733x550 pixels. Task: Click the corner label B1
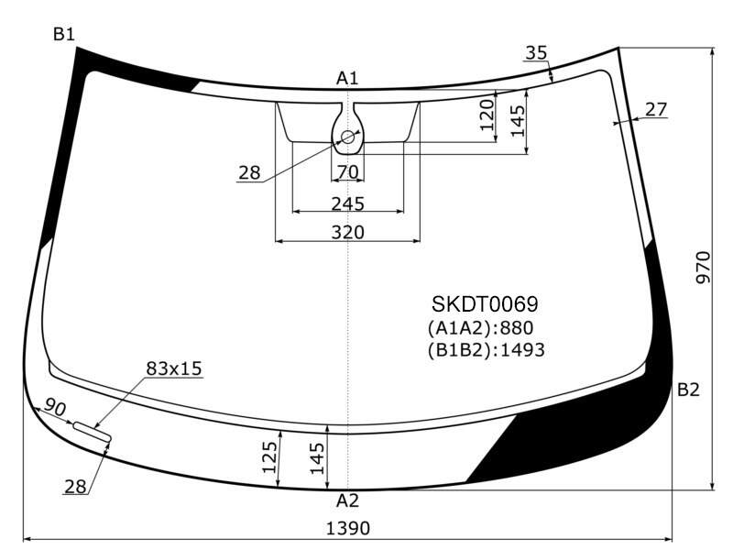click(63, 34)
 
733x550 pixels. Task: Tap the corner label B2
click(688, 389)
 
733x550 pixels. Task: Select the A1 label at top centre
click(347, 78)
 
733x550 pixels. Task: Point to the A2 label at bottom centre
click(347, 500)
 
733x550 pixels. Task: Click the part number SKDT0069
click(485, 304)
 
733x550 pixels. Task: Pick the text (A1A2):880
click(480, 328)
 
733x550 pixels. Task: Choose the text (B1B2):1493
click(487, 349)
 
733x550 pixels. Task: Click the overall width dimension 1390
click(348, 529)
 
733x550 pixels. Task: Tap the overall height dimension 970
click(703, 267)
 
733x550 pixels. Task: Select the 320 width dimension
click(348, 232)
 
